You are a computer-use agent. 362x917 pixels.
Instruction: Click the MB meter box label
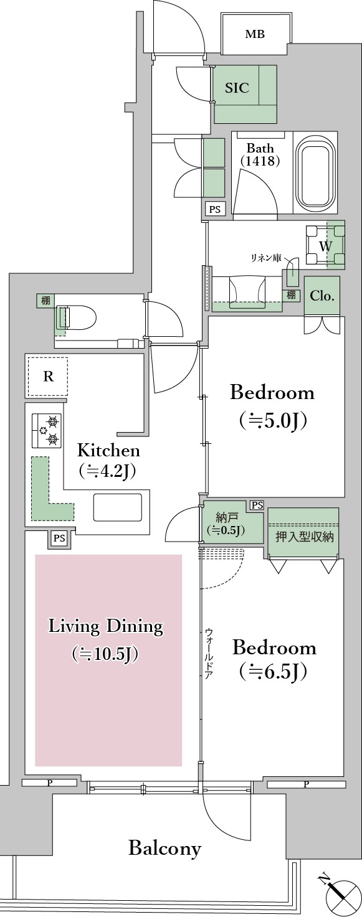(x=255, y=34)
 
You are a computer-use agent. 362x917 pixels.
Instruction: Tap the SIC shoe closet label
(x=237, y=88)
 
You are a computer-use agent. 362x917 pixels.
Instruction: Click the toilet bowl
(x=76, y=317)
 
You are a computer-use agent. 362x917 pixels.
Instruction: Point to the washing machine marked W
(x=325, y=247)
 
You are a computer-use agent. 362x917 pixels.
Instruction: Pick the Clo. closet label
(x=322, y=296)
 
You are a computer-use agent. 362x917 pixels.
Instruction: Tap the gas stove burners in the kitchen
(x=47, y=431)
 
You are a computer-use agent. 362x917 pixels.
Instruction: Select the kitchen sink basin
(x=118, y=507)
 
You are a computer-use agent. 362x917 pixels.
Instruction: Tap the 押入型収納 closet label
(x=304, y=537)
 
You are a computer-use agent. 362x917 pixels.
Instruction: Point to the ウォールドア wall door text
(x=209, y=653)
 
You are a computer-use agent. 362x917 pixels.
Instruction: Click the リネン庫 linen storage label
(x=266, y=258)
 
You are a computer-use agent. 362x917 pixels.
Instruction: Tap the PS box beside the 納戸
(x=257, y=505)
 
